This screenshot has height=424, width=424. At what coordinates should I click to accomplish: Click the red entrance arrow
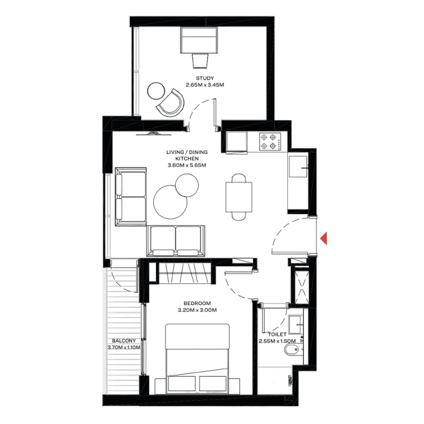click(x=326, y=237)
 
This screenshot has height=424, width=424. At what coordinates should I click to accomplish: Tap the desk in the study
click(x=200, y=39)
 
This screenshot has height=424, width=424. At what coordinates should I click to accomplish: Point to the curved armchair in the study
click(x=170, y=103)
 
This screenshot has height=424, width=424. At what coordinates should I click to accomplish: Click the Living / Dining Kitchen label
click(x=188, y=158)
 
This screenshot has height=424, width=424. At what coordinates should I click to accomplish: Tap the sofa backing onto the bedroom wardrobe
click(x=174, y=240)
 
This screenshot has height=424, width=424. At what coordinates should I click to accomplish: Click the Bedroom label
click(x=196, y=306)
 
